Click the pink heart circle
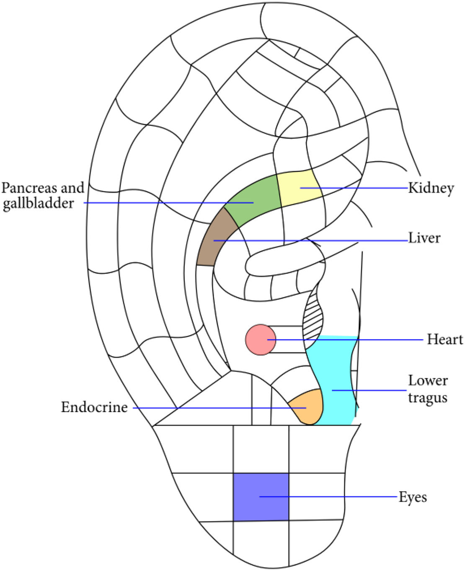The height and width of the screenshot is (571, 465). [x=260, y=340]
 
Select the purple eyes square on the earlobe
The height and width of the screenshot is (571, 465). [x=261, y=497]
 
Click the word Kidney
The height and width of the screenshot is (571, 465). [x=431, y=188]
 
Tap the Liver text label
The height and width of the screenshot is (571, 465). [x=424, y=238]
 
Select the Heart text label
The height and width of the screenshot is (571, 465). [x=445, y=339]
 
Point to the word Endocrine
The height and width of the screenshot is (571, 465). [x=94, y=407]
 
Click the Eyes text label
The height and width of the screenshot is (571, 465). [x=413, y=497]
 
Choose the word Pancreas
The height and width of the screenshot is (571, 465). [x=28, y=188]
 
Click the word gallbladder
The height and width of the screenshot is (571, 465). [x=39, y=204]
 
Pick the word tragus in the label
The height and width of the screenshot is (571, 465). [x=427, y=398]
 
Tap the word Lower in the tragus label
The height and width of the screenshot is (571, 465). [x=428, y=380]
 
